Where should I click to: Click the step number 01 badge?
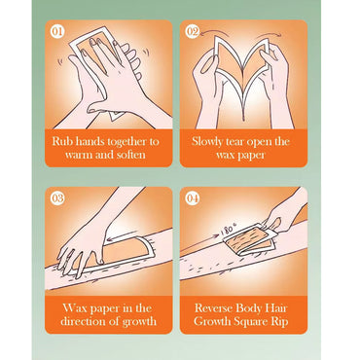[57, 32]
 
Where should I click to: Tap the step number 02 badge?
[192, 32]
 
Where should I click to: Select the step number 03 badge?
[57, 198]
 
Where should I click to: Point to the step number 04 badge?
[192, 198]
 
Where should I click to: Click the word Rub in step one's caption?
[60, 142]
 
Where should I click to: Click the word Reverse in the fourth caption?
[213, 308]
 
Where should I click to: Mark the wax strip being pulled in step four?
[249, 239]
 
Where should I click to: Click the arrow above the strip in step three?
[122, 235]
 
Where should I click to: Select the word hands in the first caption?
[87, 142]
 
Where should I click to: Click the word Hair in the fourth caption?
[277, 308]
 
